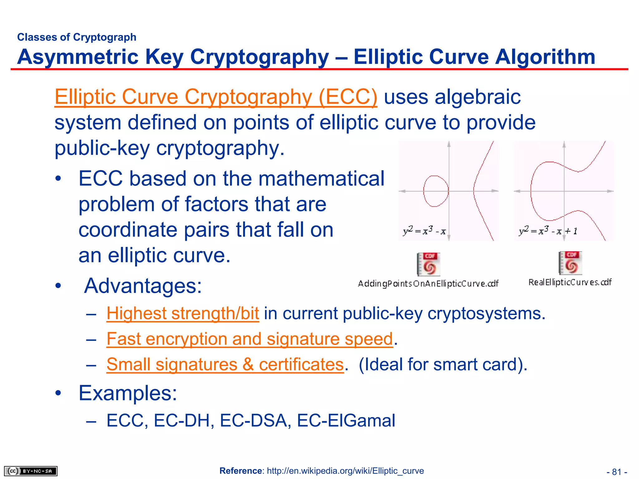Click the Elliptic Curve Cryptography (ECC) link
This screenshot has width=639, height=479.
(x=216, y=97)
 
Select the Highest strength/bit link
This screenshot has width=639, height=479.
(x=183, y=313)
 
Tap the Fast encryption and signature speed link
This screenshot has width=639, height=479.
(x=249, y=339)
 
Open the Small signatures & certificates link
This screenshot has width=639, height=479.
(x=225, y=364)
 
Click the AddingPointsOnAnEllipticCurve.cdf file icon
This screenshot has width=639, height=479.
(x=428, y=264)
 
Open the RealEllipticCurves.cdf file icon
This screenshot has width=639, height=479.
(x=570, y=263)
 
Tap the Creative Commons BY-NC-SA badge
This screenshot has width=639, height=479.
(x=31, y=471)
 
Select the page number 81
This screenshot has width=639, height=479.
(x=617, y=472)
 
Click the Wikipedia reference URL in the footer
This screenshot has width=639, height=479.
(x=345, y=471)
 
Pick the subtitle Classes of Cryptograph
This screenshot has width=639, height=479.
(x=77, y=37)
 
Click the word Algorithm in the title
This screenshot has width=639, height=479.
(x=545, y=57)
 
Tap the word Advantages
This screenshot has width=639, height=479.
(x=143, y=286)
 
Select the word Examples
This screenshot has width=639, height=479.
(x=128, y=393)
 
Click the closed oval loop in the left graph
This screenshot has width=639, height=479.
(x=436, y=191)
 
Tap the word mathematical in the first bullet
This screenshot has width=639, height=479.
(x=321, y=179)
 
